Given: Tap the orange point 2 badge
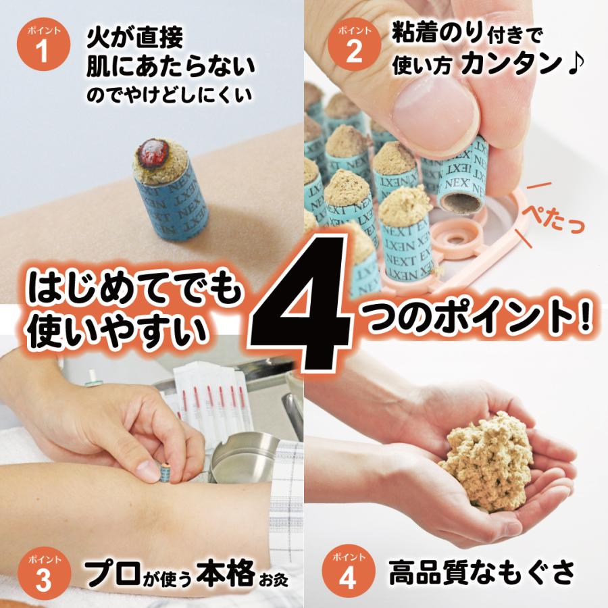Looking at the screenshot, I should pos(353,47).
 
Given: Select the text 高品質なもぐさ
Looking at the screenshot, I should pos(481,573).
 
